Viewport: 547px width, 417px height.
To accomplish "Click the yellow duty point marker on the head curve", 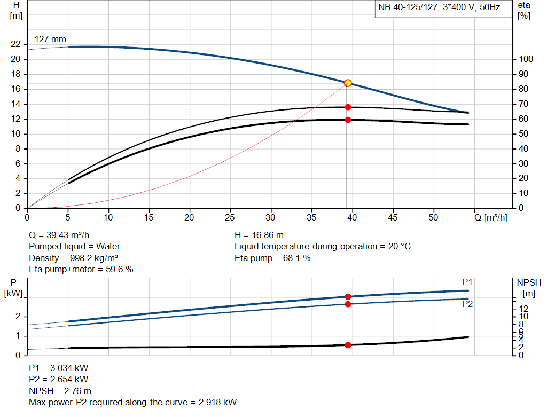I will pos(348,83).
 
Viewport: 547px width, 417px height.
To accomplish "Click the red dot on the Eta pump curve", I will pos(348,107).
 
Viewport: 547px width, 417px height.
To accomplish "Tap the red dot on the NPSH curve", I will pos(348,345).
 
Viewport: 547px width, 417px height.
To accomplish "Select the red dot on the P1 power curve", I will pos(348,297).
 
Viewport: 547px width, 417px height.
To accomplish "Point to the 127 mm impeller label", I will pos(50,40).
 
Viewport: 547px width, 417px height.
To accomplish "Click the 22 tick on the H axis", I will pos(15,44).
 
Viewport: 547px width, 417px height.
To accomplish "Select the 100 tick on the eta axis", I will pos(526,59).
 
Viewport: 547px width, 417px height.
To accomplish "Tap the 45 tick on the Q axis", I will pos(393,218).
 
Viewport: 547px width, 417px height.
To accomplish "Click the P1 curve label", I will pos(467,282).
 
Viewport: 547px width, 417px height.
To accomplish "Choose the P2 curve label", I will pos(467,304).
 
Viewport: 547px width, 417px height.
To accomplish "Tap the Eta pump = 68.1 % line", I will pos(272,258).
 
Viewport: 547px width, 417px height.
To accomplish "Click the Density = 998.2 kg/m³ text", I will pos(73,258).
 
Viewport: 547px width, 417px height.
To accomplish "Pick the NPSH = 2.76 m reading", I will pos(60,391).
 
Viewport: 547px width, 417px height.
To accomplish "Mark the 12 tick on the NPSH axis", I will pos(523,309).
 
